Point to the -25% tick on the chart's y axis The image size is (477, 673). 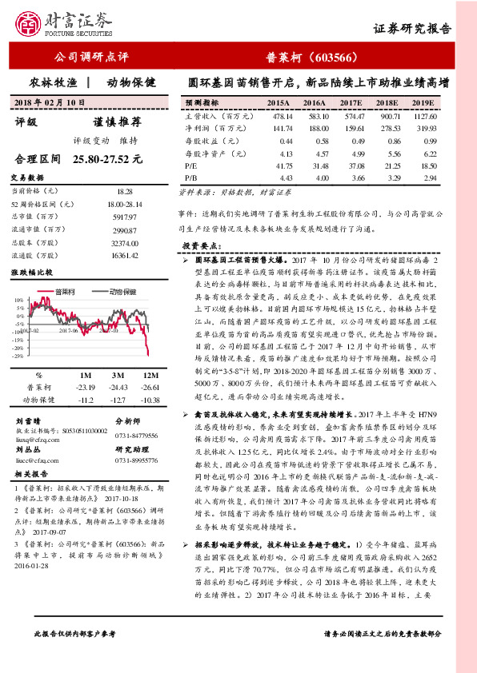click(x=19, y=356)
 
